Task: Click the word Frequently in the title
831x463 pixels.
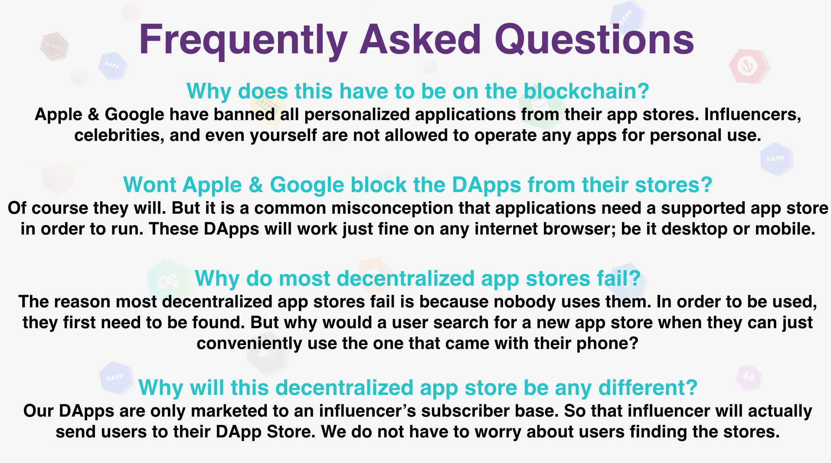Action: coord(243,40)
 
